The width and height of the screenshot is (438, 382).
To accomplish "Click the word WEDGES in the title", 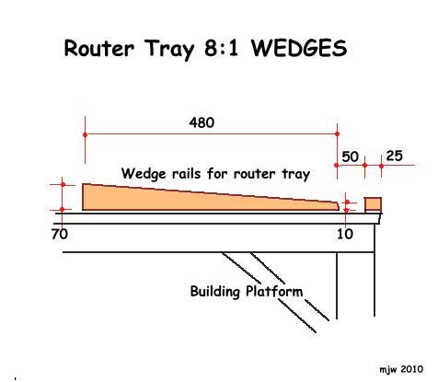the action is coord(299,48).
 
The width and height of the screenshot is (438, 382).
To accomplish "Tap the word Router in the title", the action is coord(99,48).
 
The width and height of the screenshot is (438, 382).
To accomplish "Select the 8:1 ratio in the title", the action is coord(221,48).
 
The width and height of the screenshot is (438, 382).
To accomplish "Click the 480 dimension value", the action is coord(202,122).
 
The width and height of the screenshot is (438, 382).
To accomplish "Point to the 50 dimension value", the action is coord(350,156).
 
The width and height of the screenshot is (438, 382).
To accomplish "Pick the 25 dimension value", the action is coord(394,156).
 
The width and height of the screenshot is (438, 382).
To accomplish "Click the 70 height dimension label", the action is coord(60,235).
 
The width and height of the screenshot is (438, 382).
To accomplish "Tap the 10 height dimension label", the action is coord(345,235).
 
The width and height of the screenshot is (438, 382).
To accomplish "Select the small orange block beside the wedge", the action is coord(373,204).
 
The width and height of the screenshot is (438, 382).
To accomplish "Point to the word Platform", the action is coord(274,291).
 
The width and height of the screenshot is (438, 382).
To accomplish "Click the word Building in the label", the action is coord(214,291).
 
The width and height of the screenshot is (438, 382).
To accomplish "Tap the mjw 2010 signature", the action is coord(401,369).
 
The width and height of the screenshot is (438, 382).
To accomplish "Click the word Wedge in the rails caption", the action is coord(144,174).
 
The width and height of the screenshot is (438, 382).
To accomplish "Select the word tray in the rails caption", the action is coord(296,175).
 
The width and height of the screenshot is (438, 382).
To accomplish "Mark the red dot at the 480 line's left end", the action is coord(86,134).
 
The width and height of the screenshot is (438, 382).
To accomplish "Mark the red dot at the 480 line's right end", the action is coord(337,134).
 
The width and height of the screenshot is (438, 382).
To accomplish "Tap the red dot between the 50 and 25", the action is coord(364,166).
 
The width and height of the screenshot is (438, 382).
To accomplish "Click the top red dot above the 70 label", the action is coord(63,184).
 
